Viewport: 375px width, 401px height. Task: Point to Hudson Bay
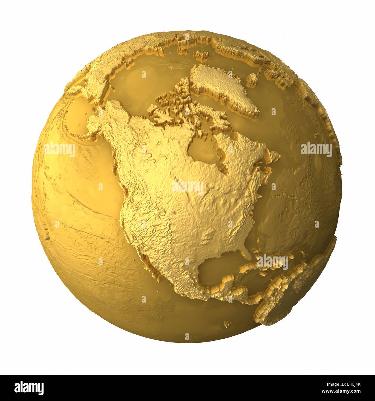(202, 150)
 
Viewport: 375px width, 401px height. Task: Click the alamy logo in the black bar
(29, 388)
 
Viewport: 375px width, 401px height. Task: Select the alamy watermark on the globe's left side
(59, 149)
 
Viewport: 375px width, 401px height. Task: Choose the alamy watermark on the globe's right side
(316, 149)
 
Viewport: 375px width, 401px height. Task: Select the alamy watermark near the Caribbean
(272, 262)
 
